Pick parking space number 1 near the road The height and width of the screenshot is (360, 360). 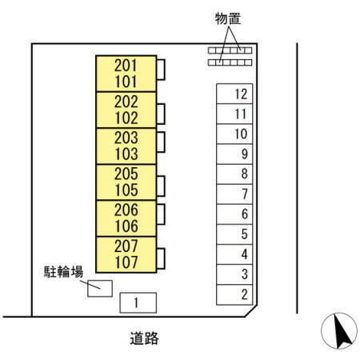tap(137, 302)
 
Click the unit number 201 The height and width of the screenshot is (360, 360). tap(126, 65)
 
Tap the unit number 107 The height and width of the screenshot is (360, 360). tap(126, 262)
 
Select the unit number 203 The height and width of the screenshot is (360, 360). tap(126, 137)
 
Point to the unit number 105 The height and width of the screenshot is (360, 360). tap(126, 190)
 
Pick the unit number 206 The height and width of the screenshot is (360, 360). tap(126, 210)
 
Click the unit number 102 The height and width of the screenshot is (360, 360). tap(126, 118)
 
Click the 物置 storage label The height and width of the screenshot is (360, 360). tap(229, 18)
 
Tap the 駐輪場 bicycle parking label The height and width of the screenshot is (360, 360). tap(63, 271)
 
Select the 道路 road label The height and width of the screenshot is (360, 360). tap(144, 338)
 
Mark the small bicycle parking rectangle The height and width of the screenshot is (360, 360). tap(99, 286)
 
